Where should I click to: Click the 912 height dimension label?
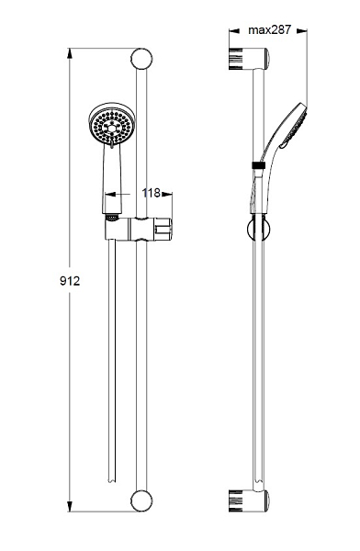coord(70,281)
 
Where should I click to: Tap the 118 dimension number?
coord(152,193)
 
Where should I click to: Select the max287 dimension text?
coord(270,30)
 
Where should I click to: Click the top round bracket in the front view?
coord(141,59)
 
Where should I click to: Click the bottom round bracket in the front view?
coord(141,500)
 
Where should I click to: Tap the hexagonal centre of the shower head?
coord(112,129)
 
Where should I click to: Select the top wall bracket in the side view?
coord(249,58)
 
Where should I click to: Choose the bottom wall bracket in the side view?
coord(249,500)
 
